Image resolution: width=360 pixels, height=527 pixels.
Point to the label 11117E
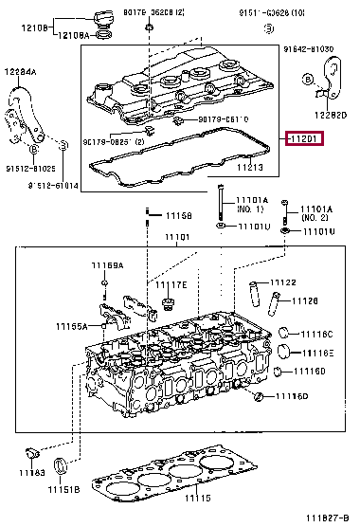click(171, 284)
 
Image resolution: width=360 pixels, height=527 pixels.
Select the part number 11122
click(283, 282)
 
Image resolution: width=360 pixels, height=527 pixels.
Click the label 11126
click(303, 300)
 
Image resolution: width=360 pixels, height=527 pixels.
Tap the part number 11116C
click(317, 334)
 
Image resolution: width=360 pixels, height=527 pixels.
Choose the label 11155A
click(68, 325)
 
